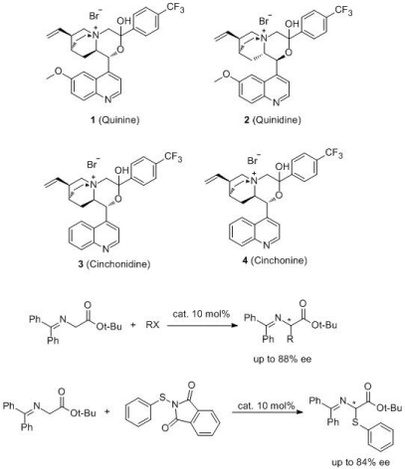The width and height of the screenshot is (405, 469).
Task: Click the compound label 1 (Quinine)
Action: pos(115,119)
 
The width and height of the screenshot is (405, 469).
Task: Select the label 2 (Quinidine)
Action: pos(273,119)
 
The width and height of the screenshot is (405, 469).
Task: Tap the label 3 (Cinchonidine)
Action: pos(113,264)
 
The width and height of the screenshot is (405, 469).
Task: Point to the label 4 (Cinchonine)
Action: pos(275,260)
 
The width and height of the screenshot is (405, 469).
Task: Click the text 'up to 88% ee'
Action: pos(283,359)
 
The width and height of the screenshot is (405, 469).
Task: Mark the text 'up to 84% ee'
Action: pos(360,462)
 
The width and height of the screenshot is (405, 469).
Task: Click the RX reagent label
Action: pos(152,325)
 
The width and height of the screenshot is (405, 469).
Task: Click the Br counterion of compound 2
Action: pos(265,20)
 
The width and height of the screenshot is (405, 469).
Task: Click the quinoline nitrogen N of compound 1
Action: pos(108,99)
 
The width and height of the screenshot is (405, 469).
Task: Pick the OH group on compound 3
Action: pos(121,170)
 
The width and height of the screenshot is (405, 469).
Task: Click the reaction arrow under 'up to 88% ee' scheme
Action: pos(202,325)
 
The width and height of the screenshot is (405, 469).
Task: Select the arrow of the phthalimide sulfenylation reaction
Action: pos(268,412)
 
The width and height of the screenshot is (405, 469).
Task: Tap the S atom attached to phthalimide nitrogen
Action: pos(162,396)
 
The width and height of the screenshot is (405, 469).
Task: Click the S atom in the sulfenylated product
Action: pos(353,422)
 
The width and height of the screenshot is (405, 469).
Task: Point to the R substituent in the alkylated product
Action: pos(290,339)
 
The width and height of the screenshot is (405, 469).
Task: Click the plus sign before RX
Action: pos(133,325)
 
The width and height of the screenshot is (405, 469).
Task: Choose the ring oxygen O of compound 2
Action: pos(290,53)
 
